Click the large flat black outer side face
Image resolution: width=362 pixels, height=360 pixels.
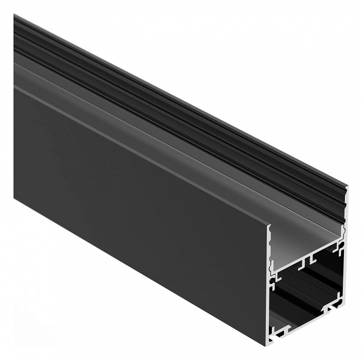point(135,200)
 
